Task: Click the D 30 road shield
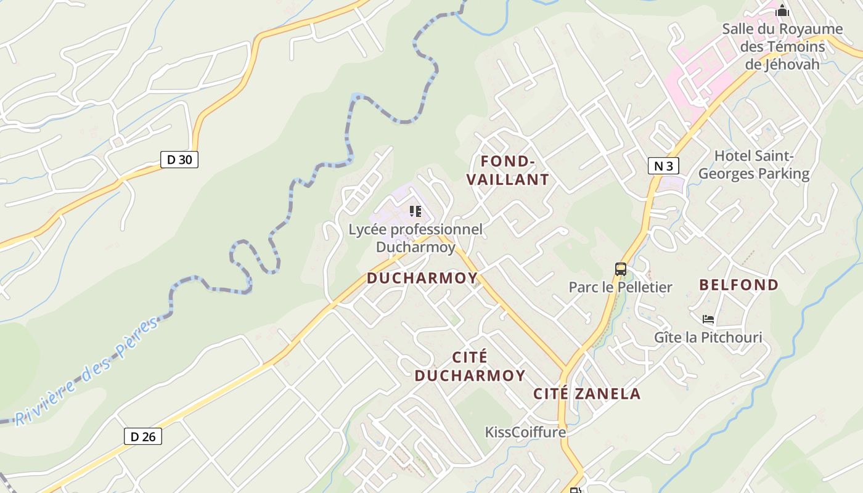(179, 160)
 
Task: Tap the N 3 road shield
(663, 166)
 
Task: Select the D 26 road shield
(143, 436)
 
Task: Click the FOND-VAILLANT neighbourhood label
(507, 171)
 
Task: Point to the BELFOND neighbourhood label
(738, 285)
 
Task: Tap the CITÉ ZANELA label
(587, 394)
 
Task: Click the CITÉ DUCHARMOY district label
(470, 366)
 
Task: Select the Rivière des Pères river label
(87, 373)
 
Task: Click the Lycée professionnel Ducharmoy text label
(415, 238)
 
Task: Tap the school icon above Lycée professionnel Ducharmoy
(415, 211)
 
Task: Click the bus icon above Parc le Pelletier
(620, 269)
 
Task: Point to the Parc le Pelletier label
(620, 287)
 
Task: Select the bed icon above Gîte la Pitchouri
(708, 319)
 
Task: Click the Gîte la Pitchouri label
(708, 338)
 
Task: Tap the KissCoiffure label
(525, 432)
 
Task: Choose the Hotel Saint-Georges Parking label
(753, 165)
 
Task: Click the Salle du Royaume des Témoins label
(782, 46)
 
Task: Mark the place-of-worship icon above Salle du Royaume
(782, 10)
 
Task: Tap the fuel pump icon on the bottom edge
(575, 490)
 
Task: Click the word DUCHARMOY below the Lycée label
(422, 278)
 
